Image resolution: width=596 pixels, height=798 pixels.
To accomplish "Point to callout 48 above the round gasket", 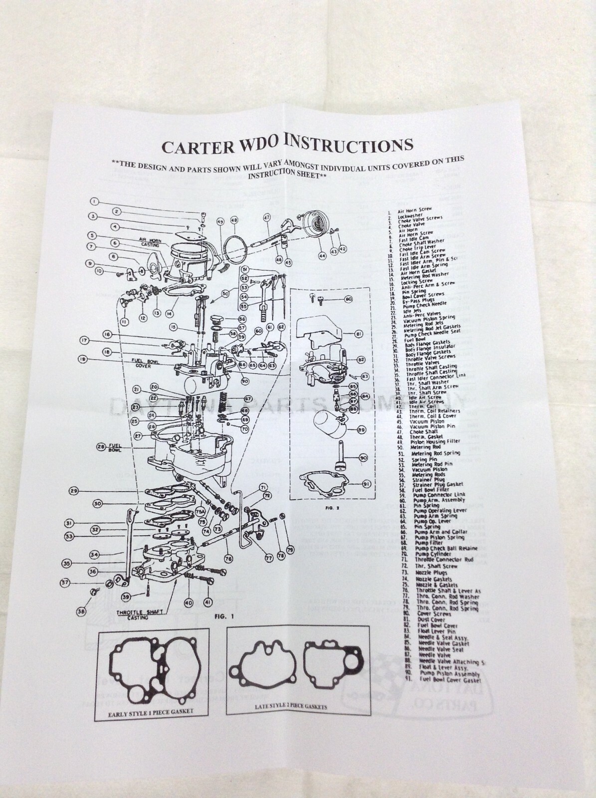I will point(233,220).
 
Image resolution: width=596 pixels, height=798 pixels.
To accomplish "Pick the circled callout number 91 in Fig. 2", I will point(366,483).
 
